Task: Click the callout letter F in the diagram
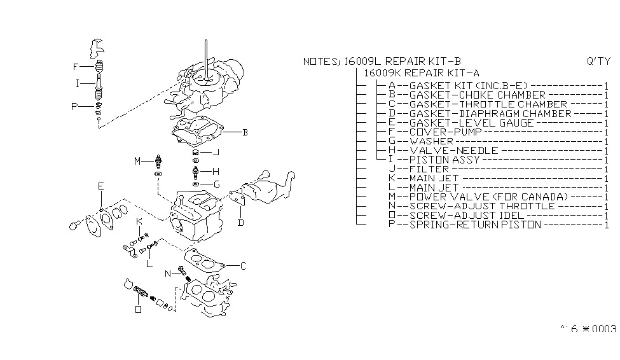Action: (x=76, y=66)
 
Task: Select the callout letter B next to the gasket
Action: (x=245, y=133)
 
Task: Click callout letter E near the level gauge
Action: (x=100, y=186)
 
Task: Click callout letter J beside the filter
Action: (x=216, y=152)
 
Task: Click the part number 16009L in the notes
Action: (x=363, y=62)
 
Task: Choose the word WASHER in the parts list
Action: (x=431, y=141)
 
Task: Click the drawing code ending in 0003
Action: (x=588, y=329)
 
